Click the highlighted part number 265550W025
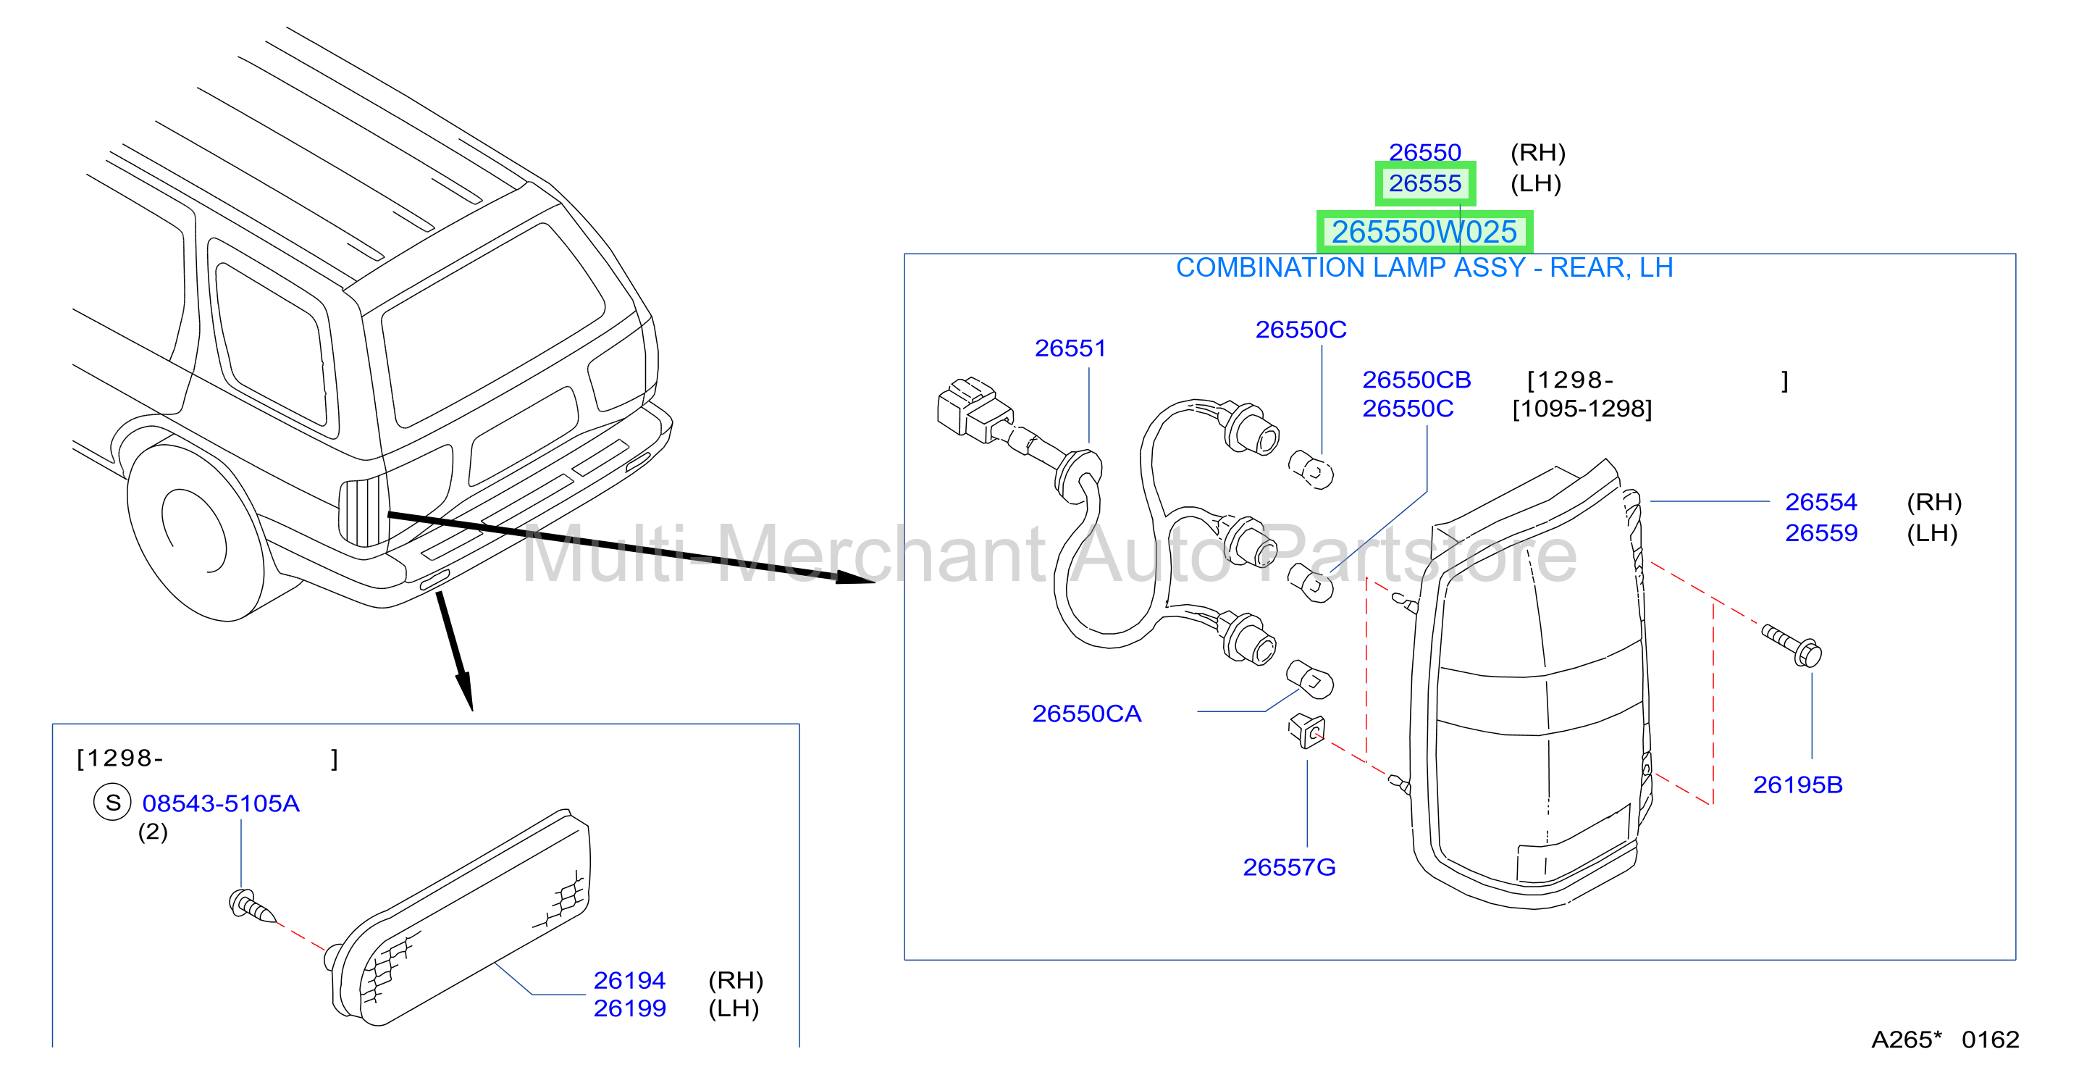pos(1424,232)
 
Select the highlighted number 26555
pos(1425,183)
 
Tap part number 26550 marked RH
pos(1425,153)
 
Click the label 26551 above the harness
pos(1070,348)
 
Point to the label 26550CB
pos(1417,380)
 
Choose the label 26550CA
pos(1087,714)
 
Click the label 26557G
pos(1289,867)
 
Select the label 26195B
pos(1797,785)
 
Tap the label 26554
pos(1821,501)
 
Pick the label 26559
pos(1821,532)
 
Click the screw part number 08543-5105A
pos(221,803)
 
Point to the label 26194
pos(629,979)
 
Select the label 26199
pos(629,1008)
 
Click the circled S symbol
pos(112,803)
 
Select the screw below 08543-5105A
pos(253,906)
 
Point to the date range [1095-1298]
pos(1582,409)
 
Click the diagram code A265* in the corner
pos(1906,1039)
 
